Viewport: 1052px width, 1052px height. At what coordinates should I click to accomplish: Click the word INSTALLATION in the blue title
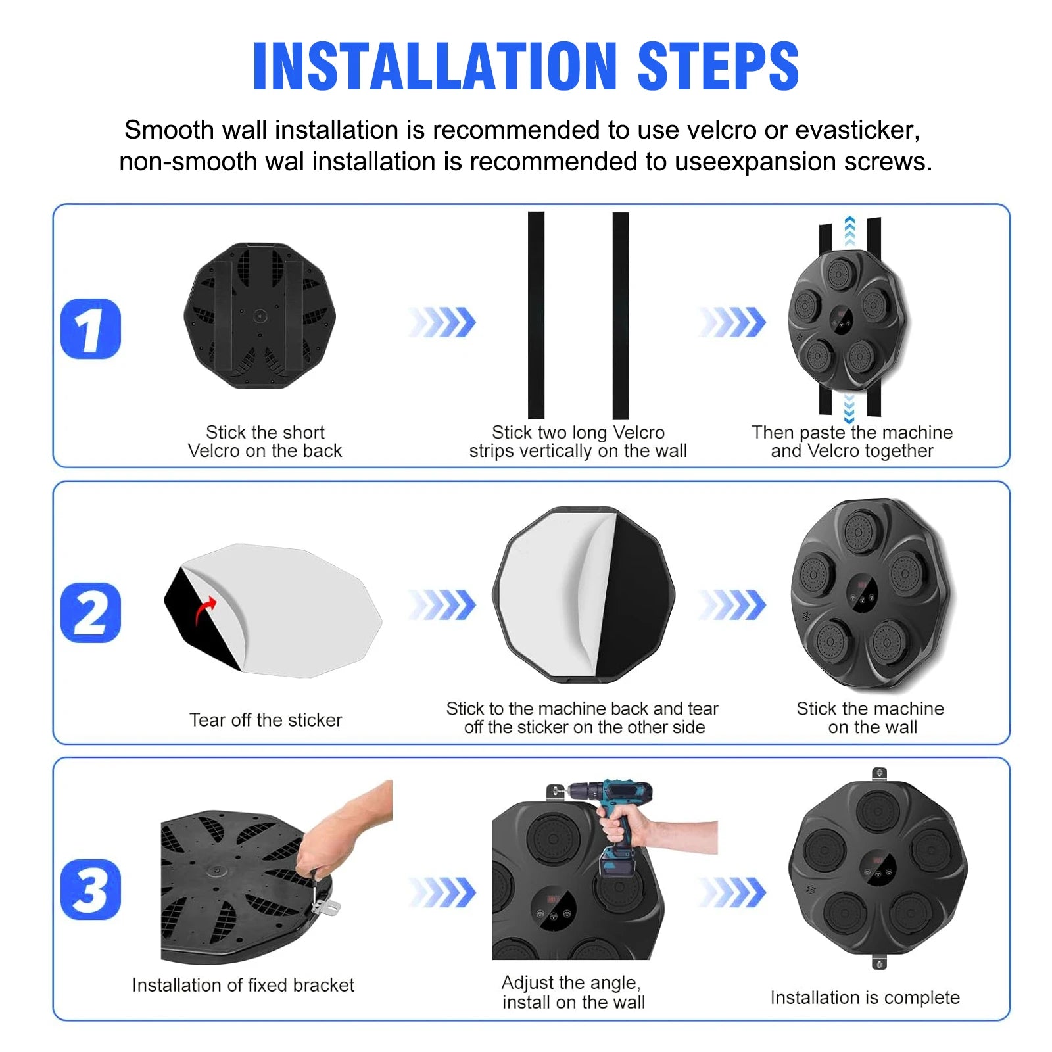[435, 66]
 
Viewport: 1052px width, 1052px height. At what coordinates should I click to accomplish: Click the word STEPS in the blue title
[718, 66]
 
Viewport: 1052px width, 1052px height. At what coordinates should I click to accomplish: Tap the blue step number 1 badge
[91, 329]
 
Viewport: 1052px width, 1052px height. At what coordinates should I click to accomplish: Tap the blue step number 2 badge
[91, 612]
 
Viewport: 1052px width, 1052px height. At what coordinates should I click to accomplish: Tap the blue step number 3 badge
[91, 889]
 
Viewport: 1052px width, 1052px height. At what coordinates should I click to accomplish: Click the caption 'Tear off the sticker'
[266, 720]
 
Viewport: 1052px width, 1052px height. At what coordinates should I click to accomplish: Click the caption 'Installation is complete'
[865, 998]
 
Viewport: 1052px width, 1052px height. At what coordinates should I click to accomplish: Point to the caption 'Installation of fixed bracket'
[243, 985]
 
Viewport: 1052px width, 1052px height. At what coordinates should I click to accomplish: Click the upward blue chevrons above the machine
[849, 231]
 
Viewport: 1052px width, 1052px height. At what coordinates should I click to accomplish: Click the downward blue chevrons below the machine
[849, 408]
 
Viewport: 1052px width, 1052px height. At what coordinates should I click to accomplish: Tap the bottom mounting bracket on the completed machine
[879, 962]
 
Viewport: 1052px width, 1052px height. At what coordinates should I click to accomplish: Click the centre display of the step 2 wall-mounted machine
[862, 594]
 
